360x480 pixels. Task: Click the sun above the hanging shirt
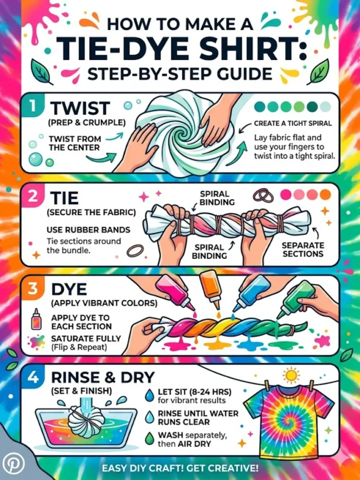pyautogui.click(x=292, y=375)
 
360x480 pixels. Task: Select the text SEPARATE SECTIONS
pyautogui.click(x=302, y=249)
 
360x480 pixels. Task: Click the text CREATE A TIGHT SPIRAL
pyautogui.click(x=292, y=124)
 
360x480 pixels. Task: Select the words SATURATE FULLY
pyautogui.click(x=86, y=338)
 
